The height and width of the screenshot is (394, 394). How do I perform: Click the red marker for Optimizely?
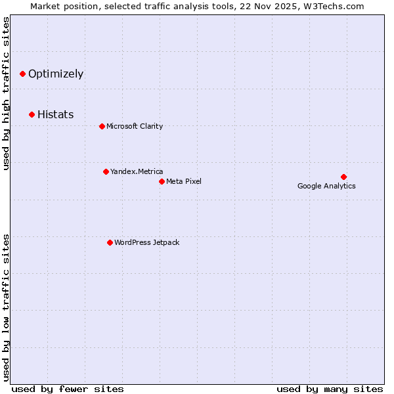pyautogui.click(x=23, y=74)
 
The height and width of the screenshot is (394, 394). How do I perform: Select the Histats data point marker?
pyautogui.click(x=32, y=115)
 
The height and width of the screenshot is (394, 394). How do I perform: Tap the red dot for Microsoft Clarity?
pyautogui.click(x=102, y=126)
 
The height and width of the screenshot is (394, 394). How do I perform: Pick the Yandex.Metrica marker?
pyautogui.click(x=106, y=171)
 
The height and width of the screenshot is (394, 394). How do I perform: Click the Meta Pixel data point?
pyautogui.click(x=162, y=181)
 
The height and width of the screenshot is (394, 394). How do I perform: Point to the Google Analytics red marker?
pyautogui.click(x=343, y=177)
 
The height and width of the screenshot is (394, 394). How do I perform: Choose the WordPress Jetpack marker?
pyautogui.click(x=110, y=242)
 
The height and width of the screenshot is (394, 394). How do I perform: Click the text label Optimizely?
pyautogui.click(x=56, y=74)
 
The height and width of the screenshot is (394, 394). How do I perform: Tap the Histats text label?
pyautogui.click(x=56, y=115)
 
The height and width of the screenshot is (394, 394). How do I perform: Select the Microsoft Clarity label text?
pyautogui.click(x=135, y=127)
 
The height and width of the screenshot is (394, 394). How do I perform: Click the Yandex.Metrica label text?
pyautogui.click(x=137, y=172)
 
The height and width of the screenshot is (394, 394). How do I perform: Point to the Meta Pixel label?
pyautogui.click(x=184, y=182)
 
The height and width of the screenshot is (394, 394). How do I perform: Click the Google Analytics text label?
pyautogui.click(x=326, y=186)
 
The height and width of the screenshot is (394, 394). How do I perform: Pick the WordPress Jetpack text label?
pyautogui.click(x=146, y=243)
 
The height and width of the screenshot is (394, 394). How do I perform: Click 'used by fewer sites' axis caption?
pyautogui.click(x=68, y=389)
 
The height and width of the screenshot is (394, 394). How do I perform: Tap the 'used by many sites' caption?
pyautogui.click(x=330, y=389)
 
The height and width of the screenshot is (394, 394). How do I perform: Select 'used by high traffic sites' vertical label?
pyautogui.click(x=7, y=93)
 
